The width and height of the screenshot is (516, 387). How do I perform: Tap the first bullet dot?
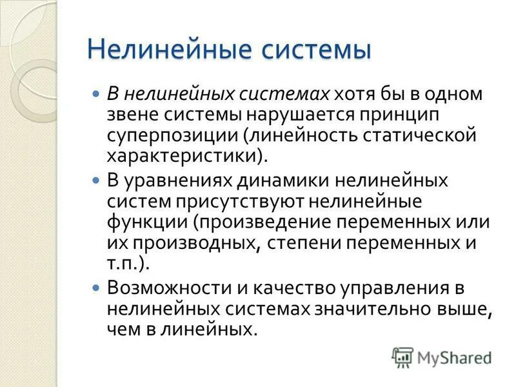click(x=97, y=94)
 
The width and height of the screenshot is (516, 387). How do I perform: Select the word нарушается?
click(x=292, y=115)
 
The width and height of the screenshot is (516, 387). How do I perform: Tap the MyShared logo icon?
click(x=402, y=357)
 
